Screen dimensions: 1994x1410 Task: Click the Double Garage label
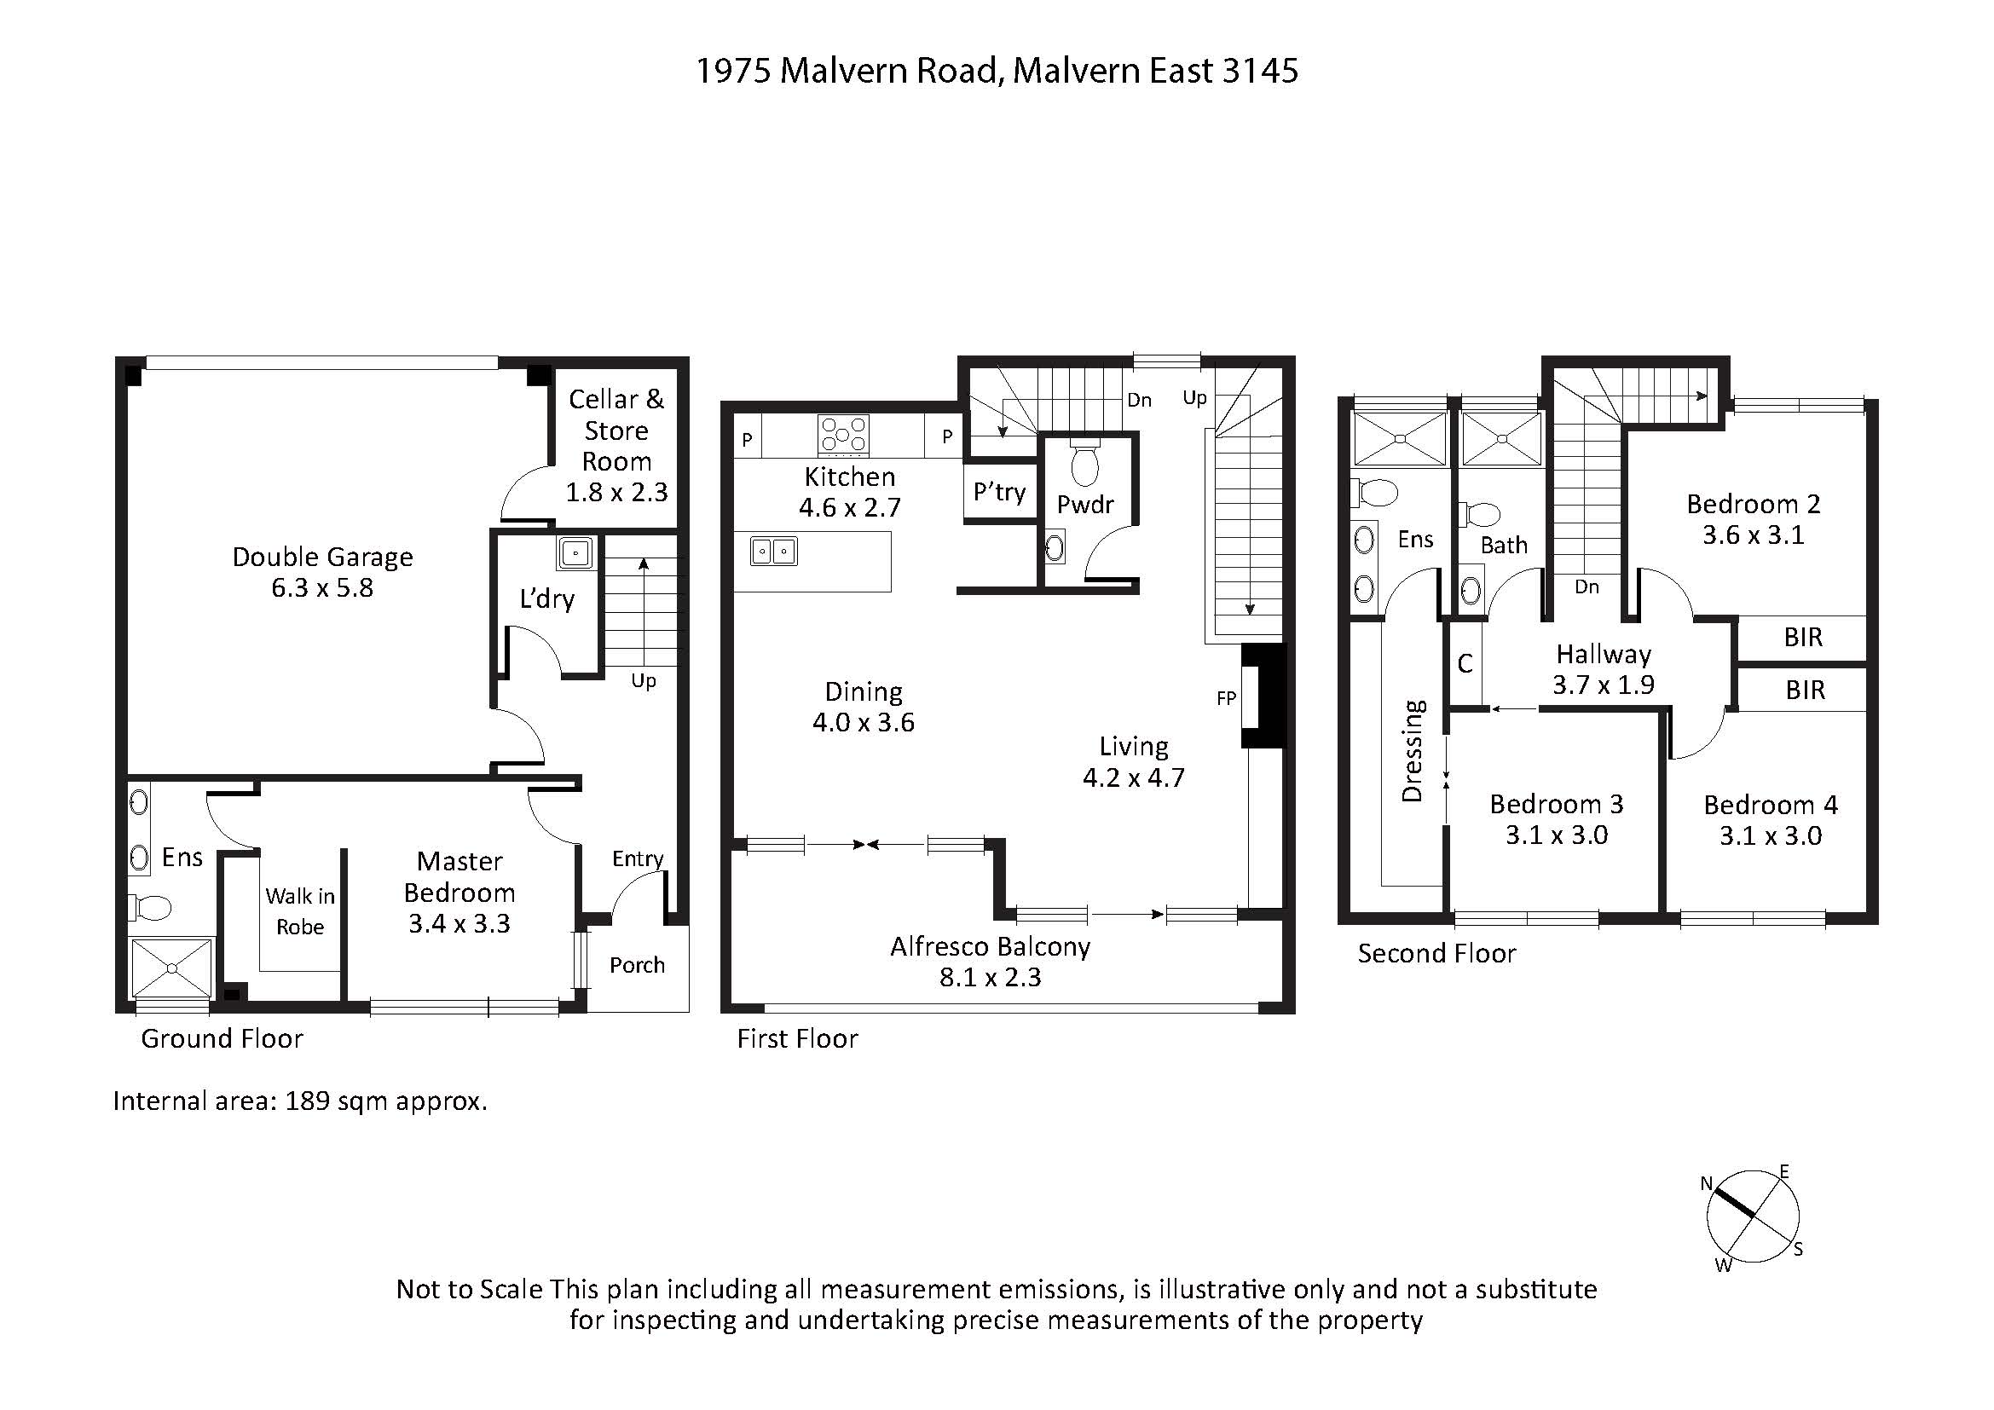(x=322, y=557)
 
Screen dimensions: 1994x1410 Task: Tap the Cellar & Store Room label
(x=616, y=430)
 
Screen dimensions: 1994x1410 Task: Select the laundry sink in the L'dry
(x=575, y=553)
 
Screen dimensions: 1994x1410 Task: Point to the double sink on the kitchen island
(x=774, y=552)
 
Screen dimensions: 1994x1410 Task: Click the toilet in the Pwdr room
(x=1084, y=464)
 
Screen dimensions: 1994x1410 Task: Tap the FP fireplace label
(x=1226, y=697)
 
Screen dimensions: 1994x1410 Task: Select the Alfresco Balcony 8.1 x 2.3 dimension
(x=990, y=977)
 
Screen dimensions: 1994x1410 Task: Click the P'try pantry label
(x=1000, y=492)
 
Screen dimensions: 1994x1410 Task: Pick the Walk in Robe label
(x=299, y=910)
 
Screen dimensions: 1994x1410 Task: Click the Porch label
(x=637, y=965)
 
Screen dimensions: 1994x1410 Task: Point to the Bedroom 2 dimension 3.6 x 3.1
(x=1753, y=535)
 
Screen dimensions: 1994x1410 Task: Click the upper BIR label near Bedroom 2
(x=1803, y=638)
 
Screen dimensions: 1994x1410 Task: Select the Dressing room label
(x=1413, y=751)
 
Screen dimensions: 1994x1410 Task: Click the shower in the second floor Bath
(x=1501, y=439)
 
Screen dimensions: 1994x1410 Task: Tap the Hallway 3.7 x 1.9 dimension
(x=1604, y=685)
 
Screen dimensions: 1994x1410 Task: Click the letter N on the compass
(x=1706, y=1183)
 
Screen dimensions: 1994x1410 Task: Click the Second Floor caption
(x=1436, y=953)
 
